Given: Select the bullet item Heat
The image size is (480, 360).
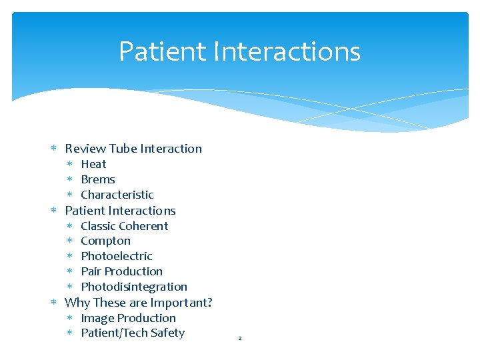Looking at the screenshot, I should click(93, 164).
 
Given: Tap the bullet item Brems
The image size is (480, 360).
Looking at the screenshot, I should click(98, 179).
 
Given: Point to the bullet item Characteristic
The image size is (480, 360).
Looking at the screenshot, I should click(117, 195).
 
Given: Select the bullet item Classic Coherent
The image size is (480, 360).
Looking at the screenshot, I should click(124, 226).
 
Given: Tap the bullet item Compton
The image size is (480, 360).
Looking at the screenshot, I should click(105, 241).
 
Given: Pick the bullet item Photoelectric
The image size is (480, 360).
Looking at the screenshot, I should click(117, 256).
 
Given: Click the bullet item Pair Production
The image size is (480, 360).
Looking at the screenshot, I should click(121, 271).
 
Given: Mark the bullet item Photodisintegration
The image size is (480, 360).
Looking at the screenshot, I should click(134, 287).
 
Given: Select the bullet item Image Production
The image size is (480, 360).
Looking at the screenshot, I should click(128, 318).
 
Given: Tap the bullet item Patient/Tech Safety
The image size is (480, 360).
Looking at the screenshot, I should click(133, 333).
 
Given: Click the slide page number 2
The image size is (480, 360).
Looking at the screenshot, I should click(240, 339).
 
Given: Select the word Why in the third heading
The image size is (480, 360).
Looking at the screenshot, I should click(77, 303).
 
